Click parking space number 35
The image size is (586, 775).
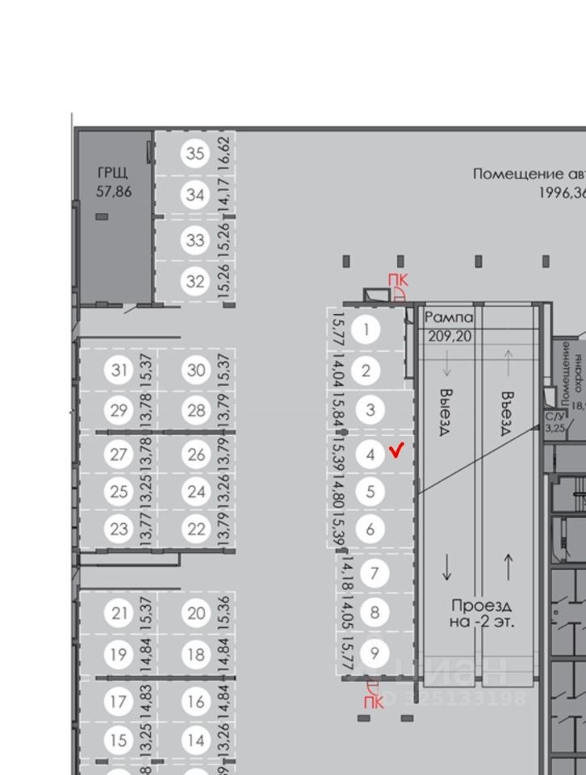195,153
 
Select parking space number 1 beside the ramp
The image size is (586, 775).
367,329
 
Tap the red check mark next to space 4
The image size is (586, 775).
396,450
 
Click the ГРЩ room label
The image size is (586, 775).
113,174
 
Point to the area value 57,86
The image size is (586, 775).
113,192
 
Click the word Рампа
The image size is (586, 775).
449,318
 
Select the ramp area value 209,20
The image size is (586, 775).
449,336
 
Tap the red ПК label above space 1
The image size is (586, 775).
399,280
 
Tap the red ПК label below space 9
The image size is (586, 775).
372,702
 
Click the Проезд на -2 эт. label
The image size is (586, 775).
482,614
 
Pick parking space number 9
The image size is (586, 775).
374,652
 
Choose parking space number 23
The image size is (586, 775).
119,530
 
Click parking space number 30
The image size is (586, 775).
196,370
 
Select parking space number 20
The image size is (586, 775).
196,614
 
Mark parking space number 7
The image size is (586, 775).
374,574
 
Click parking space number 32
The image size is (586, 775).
195,281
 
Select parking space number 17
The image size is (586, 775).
119,701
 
